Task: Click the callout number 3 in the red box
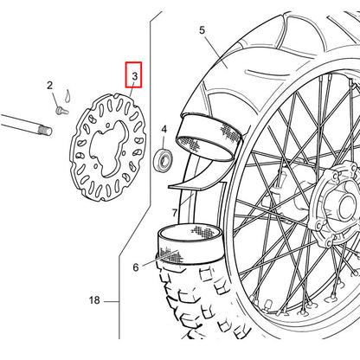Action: (135, 76)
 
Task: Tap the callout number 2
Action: (50, 86)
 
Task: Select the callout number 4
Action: (164, 129)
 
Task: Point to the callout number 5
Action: (202, 30)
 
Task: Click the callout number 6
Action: (136, 267)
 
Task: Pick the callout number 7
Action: (175, 213)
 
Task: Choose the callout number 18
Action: (94, 300)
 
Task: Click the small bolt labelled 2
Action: (62, 111)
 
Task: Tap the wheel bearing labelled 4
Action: (164, 159)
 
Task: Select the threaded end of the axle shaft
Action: (45, 132)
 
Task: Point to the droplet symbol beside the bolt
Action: (67, 95)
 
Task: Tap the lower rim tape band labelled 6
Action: (190, 244)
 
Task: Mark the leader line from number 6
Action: (159, 258)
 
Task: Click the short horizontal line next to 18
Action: (112, 302)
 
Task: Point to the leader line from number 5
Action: (216, 52)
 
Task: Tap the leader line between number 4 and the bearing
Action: (164, 142)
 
